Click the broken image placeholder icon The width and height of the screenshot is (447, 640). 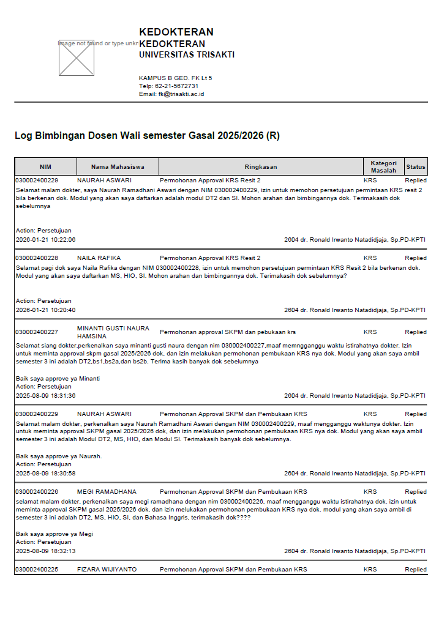(x=77, y=58)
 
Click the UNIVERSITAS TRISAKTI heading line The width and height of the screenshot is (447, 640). (x=187, y=55)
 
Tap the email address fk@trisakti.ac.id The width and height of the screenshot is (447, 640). (x=181, y=94)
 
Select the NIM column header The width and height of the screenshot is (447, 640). (x=46, y=166)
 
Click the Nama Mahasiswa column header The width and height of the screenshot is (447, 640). (x=118, y=166)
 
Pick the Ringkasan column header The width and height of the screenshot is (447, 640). (x=261, y=166)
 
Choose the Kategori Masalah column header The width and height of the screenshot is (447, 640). (x=384, y=166)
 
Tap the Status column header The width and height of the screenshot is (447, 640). (x=416, y=166)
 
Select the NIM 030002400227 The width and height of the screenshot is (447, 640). (x=37, y=332)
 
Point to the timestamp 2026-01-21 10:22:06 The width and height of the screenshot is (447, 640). (x=46, y=240)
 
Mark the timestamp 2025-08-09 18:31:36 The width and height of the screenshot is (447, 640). (x=46, y=396)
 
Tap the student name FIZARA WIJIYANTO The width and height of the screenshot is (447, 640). (x=107, y=570)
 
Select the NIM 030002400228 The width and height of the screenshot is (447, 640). (x=37, y=258)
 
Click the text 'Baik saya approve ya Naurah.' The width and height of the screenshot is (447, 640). (x=59, y=456)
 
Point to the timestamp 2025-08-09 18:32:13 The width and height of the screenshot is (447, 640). (x=46, y=551)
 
